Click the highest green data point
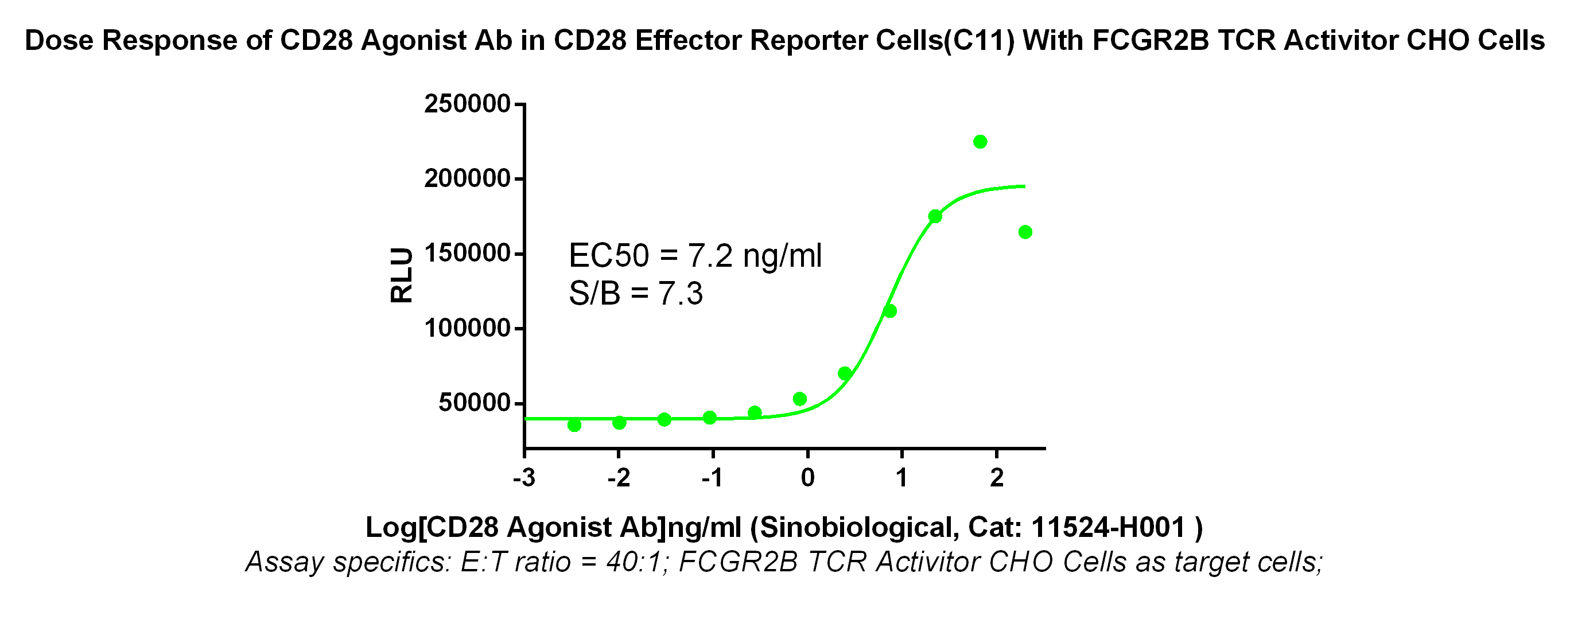click(x=980, y=142)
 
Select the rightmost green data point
click(x=1025, y=232)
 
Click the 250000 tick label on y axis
click(x=467, y=104)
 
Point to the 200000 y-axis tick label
click(x=467, y=179)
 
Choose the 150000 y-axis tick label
click(x=467, y=254)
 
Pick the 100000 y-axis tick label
click(x=467, y=329)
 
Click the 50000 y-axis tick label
click(x=474, y=403)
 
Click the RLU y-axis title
click(x=402, y=275)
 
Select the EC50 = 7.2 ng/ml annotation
click(x=695, y=255)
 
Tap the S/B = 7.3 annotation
click(x=636, y=294)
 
